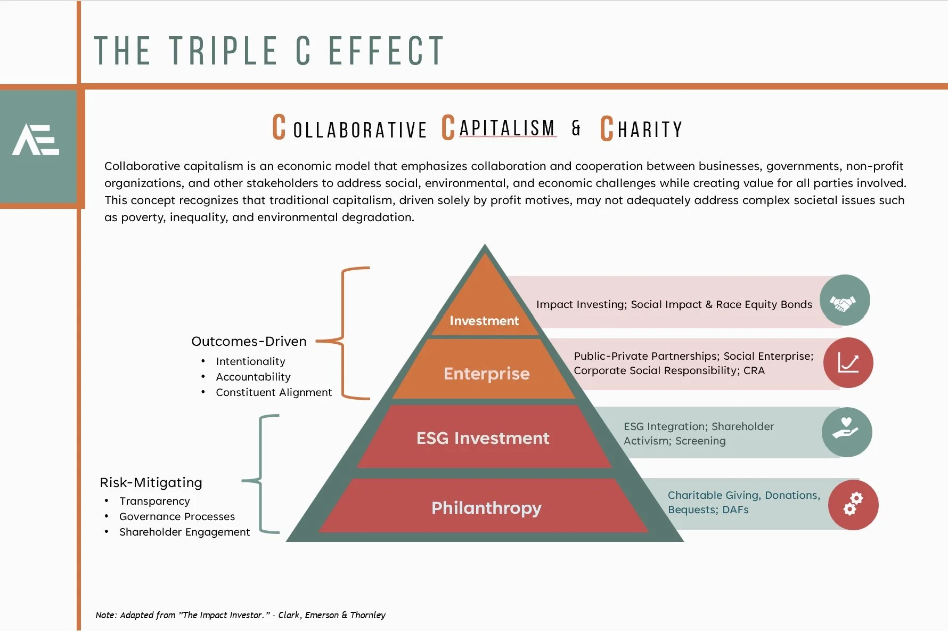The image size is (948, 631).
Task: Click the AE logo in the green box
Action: click(36, 140)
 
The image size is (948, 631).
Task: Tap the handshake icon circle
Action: click(844, 301)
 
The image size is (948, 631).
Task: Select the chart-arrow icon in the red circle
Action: click(848, 363)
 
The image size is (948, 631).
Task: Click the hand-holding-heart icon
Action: click(846, 432)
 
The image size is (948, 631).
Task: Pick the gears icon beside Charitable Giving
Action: click(853, 505)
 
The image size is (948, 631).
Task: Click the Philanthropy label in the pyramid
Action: click(486, 508)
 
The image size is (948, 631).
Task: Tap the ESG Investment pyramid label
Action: click(483, 438)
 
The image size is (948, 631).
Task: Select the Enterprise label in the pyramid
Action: click(486, 374)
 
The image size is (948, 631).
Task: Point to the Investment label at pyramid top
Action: click(484, 321)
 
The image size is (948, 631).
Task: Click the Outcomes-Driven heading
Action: click(249, 341)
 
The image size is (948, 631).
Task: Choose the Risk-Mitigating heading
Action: click(151, 482)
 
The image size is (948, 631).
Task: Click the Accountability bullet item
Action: click(253, 377)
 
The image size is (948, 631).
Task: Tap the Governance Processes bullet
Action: click(177, 516)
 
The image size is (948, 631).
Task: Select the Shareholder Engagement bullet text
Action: click(184, 532)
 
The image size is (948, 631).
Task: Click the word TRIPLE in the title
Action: click(224, 51)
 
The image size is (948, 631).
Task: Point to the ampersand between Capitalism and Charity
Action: click(576, 128)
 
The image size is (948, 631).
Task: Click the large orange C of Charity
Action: click(607, 129)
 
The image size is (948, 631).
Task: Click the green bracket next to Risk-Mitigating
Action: click(261, 474)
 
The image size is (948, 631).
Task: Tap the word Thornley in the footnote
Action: click(367, 615)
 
